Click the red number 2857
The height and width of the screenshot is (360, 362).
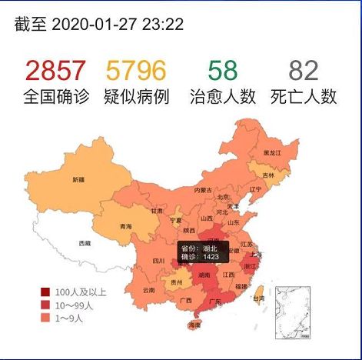click(55, 71)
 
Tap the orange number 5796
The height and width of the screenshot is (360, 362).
click(135, 71)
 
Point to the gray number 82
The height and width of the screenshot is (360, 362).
click(304, 71)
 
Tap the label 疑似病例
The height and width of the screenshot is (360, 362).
click(136, 97)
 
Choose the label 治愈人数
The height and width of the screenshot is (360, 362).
click(222, 97)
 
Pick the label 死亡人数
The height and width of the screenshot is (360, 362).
click(304, 97)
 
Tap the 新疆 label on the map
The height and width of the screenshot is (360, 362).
click(78, 180)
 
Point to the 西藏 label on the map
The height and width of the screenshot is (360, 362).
click(85, 243)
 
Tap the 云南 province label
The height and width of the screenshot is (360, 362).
click(148, 290)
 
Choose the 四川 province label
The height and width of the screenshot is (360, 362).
click(159, 261)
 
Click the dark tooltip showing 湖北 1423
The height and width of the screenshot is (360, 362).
click(201, 252)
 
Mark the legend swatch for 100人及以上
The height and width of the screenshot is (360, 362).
click(46, 292)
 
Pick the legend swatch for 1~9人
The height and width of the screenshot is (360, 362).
click(46, 316)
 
